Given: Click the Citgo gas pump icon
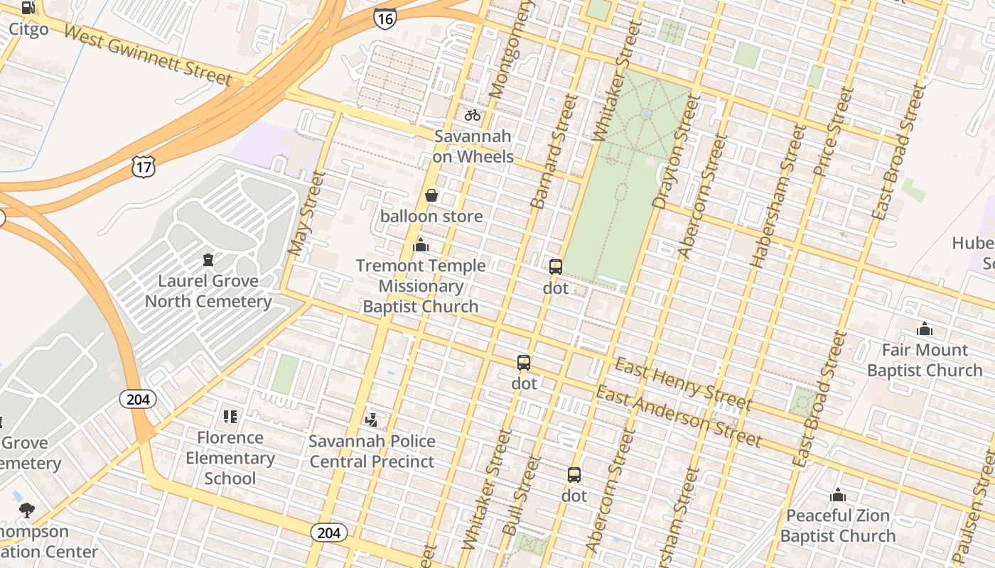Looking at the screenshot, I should tap(28, 9).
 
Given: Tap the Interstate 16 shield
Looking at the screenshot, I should tap(384, 18).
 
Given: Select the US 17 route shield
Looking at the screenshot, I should tap(143, 167).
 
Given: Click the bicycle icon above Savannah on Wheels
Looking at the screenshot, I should tap(473, 114).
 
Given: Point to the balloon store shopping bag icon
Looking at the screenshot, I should tap(431, 195).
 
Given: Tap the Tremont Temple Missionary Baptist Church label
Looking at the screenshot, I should tap(421, 286).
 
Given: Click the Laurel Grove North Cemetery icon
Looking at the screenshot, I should tap(208, 260).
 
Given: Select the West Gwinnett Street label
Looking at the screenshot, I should tap(147, 55).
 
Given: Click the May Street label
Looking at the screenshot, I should tap(306, 213).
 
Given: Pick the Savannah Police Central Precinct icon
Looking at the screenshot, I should tap(371, 420).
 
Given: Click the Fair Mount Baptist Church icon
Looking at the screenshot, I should tap(925, 329).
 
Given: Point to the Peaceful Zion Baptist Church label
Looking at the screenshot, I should tap(838, 525).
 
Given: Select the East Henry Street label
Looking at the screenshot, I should tap(682, 384).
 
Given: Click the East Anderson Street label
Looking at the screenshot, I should tap(678, 416).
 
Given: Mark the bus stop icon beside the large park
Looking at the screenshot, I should tap(556, 267).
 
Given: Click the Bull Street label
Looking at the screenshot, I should tap(522, 496).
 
